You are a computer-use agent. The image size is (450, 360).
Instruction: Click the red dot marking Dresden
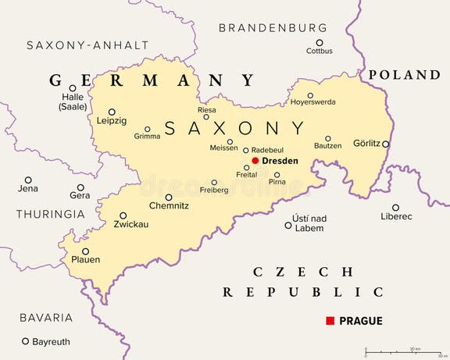coord(255,160)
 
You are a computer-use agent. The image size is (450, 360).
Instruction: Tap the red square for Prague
coord(330,321)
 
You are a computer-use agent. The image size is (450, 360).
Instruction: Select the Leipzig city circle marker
coord(112,112)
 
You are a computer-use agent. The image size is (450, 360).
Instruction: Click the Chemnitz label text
coord(168,206)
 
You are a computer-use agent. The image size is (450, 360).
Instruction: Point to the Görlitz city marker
coord(385,144)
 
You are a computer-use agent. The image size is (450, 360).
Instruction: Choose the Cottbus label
coord(319,52)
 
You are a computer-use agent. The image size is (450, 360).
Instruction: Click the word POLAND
coord(405,75)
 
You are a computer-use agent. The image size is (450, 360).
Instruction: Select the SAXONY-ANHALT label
coord(87,45)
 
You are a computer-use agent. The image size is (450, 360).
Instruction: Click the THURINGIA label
coord(50,214)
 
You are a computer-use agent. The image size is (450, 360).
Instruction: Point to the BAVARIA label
coord(46,318)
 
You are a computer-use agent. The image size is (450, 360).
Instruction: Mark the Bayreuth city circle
coord(25,341)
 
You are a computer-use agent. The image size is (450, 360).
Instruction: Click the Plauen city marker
coord(85,251)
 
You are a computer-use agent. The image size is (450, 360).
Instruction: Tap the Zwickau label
coord(130,224)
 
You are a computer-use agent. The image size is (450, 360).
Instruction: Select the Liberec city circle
coord(395,208)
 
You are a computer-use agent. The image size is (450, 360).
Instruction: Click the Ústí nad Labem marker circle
coord(288,225)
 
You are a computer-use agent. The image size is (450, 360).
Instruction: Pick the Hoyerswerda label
coord(312,102)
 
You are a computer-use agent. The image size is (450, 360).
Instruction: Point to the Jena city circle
coord(28,180)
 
